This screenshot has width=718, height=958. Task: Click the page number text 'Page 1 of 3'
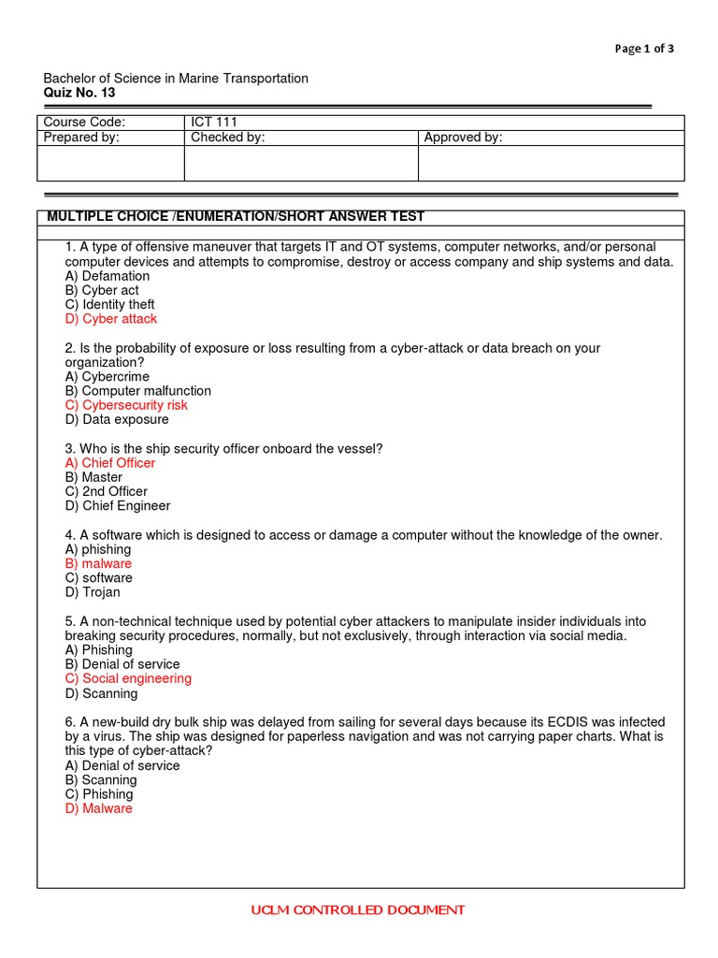644,50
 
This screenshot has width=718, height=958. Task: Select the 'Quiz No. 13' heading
80,93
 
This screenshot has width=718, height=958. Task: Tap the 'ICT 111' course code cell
214,123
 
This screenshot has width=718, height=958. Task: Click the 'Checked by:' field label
228,138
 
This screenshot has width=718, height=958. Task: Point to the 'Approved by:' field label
463,138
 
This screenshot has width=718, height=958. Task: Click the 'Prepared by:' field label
82,138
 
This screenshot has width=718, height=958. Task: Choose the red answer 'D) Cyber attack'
111,319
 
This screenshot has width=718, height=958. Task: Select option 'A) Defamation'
108,276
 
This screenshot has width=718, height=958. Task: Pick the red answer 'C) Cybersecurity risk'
126,405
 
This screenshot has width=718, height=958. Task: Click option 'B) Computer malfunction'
138,391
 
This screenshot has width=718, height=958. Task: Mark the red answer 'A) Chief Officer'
110,463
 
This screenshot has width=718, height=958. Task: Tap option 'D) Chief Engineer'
118,506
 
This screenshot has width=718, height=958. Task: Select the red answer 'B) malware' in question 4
98,564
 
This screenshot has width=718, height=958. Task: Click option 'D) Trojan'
93,592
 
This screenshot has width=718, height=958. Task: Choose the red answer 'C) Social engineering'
128,679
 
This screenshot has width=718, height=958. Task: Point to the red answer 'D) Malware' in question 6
99,808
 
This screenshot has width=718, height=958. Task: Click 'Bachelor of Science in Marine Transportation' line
176,79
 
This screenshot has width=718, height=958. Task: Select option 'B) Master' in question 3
93,477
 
